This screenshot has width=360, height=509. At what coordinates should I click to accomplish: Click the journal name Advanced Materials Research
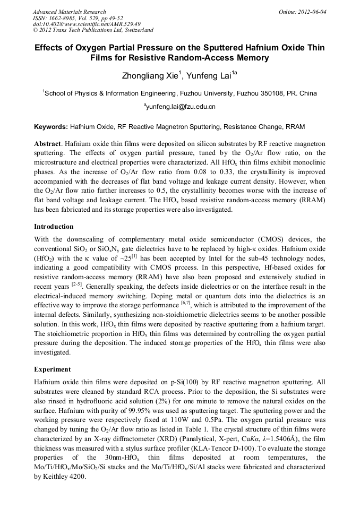69,12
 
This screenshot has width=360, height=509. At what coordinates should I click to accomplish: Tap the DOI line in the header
87,24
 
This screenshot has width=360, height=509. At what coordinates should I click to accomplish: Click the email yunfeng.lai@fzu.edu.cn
181,107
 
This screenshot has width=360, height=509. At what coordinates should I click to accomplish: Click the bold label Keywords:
51,127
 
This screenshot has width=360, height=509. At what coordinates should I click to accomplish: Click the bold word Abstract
47,144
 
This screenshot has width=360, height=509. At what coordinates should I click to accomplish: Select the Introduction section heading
54,227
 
